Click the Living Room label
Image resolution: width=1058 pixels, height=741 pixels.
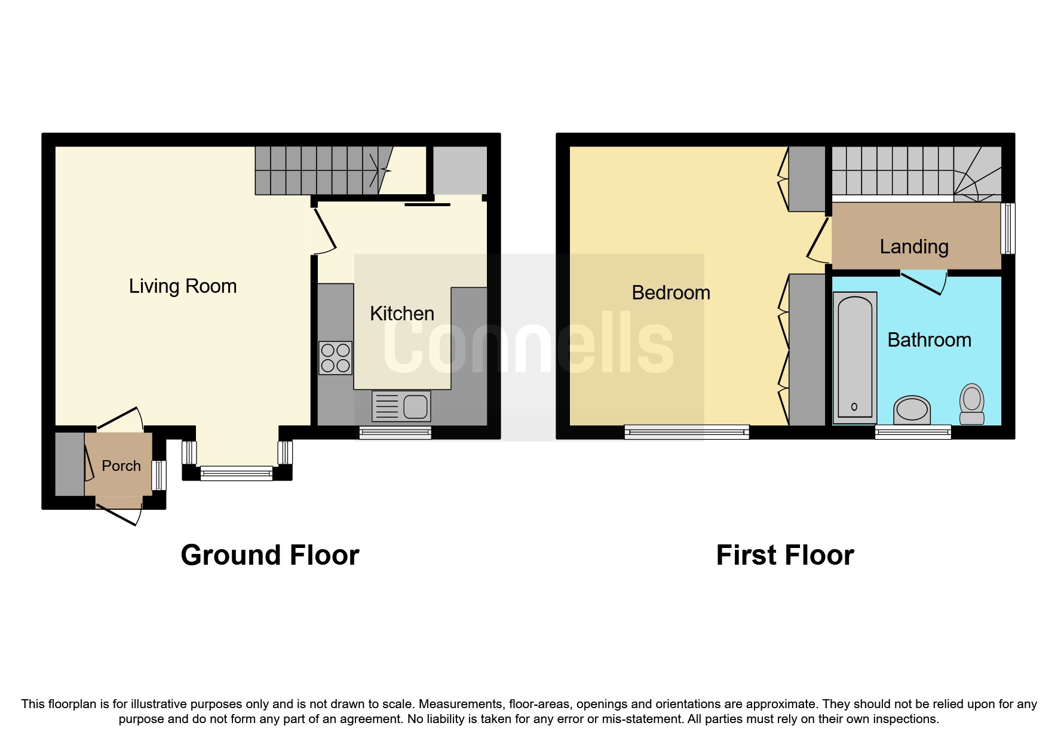pos(183,286)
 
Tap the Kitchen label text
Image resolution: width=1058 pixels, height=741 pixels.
pos(401,314)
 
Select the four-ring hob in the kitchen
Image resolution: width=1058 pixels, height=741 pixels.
pos(335,358)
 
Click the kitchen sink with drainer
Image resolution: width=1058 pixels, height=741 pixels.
pos(401,406)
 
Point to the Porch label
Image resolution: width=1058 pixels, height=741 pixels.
pos(121,466)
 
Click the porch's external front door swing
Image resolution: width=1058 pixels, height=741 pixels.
pos(119,515)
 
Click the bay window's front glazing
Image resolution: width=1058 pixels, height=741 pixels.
pos(236,474)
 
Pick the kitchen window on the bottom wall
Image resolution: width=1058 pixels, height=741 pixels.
pos(395,433)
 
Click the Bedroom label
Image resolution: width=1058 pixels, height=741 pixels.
pos(671,293)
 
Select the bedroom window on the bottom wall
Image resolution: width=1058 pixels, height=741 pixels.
pos(686,431)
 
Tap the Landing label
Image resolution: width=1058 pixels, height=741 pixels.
pos(914,247)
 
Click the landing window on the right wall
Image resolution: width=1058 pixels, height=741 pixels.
pos(1008,229)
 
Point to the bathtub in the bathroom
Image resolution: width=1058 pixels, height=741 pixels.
pos(854,357)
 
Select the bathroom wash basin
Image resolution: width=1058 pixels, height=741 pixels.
pos(912,410)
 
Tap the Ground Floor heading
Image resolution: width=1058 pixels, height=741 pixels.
pos(269,555)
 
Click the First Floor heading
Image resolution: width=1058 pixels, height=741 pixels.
pos(785,555)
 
